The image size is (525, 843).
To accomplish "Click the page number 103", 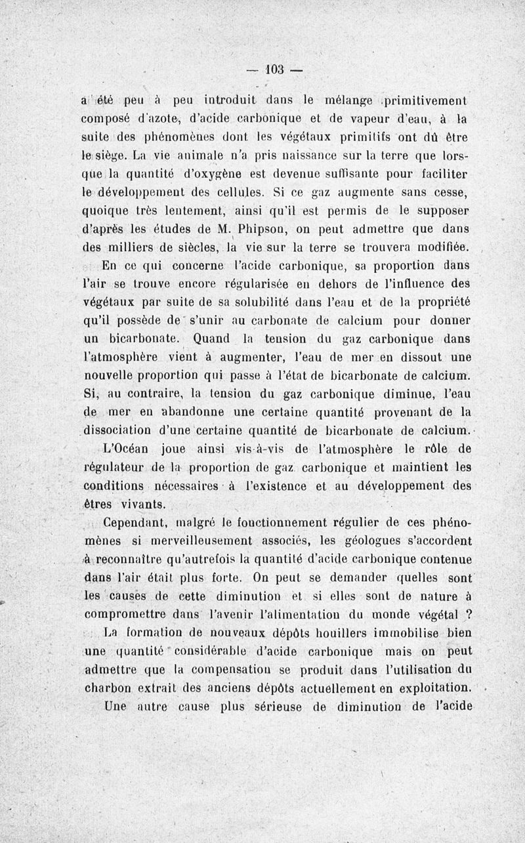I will [274, 69].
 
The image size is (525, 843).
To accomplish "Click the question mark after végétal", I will [469, 615].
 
